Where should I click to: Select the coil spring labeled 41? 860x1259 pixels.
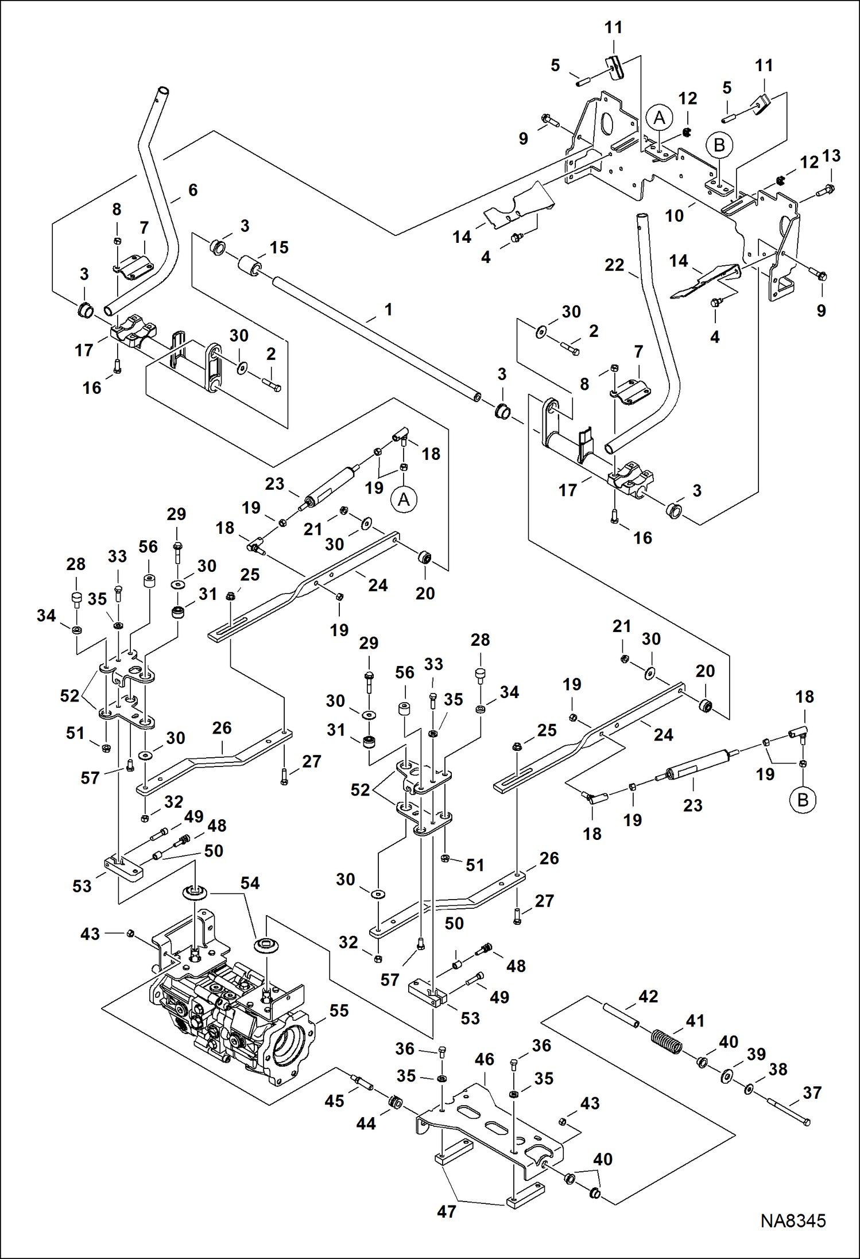pos(667,1040)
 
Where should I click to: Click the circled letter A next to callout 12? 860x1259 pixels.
pos(659,118)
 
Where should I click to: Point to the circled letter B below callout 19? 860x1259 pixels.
pos(803,799)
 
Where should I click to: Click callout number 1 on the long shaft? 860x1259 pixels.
pos(388,309)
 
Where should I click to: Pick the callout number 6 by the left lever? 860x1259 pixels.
pos(193,190)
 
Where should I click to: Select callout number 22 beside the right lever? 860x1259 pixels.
pos(614,265)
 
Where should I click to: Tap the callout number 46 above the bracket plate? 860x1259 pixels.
pos(484,1059)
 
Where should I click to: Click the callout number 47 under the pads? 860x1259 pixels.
pos(446,1211)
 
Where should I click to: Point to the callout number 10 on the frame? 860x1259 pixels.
pos(675,216)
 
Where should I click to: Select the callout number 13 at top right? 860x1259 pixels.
pos(831,156)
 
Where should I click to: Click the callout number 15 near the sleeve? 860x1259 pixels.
pos(279,247)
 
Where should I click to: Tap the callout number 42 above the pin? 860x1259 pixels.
pos(648,996)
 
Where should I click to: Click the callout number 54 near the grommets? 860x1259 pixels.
pos(250,883)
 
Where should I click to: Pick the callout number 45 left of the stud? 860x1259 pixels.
pos(334,1101)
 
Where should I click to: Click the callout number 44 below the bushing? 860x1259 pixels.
pos(366,1123)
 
